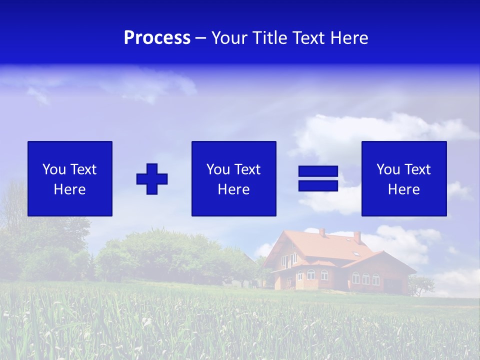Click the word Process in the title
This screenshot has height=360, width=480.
(x=157, y=38)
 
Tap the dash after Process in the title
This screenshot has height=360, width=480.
(x=201, y=38)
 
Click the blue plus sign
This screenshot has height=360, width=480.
(x=152, y=179)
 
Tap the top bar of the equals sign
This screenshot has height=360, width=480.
(x=318, y=171)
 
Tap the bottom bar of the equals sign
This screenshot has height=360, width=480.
(x=318, y=185)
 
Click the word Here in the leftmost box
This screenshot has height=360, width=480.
(x=70, y=189)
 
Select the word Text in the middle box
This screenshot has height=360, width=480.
(x=248, y=169)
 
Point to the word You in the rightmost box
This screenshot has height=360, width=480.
(x=388, y=169)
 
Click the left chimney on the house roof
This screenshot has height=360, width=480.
(x=322, y=232)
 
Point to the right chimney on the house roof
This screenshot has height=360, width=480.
(x=357, y=236)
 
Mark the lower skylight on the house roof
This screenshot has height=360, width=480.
(x=355, y=254)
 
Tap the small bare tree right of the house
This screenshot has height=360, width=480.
(x=420, y=285)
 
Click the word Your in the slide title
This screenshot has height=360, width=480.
(x=230, y=38)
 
